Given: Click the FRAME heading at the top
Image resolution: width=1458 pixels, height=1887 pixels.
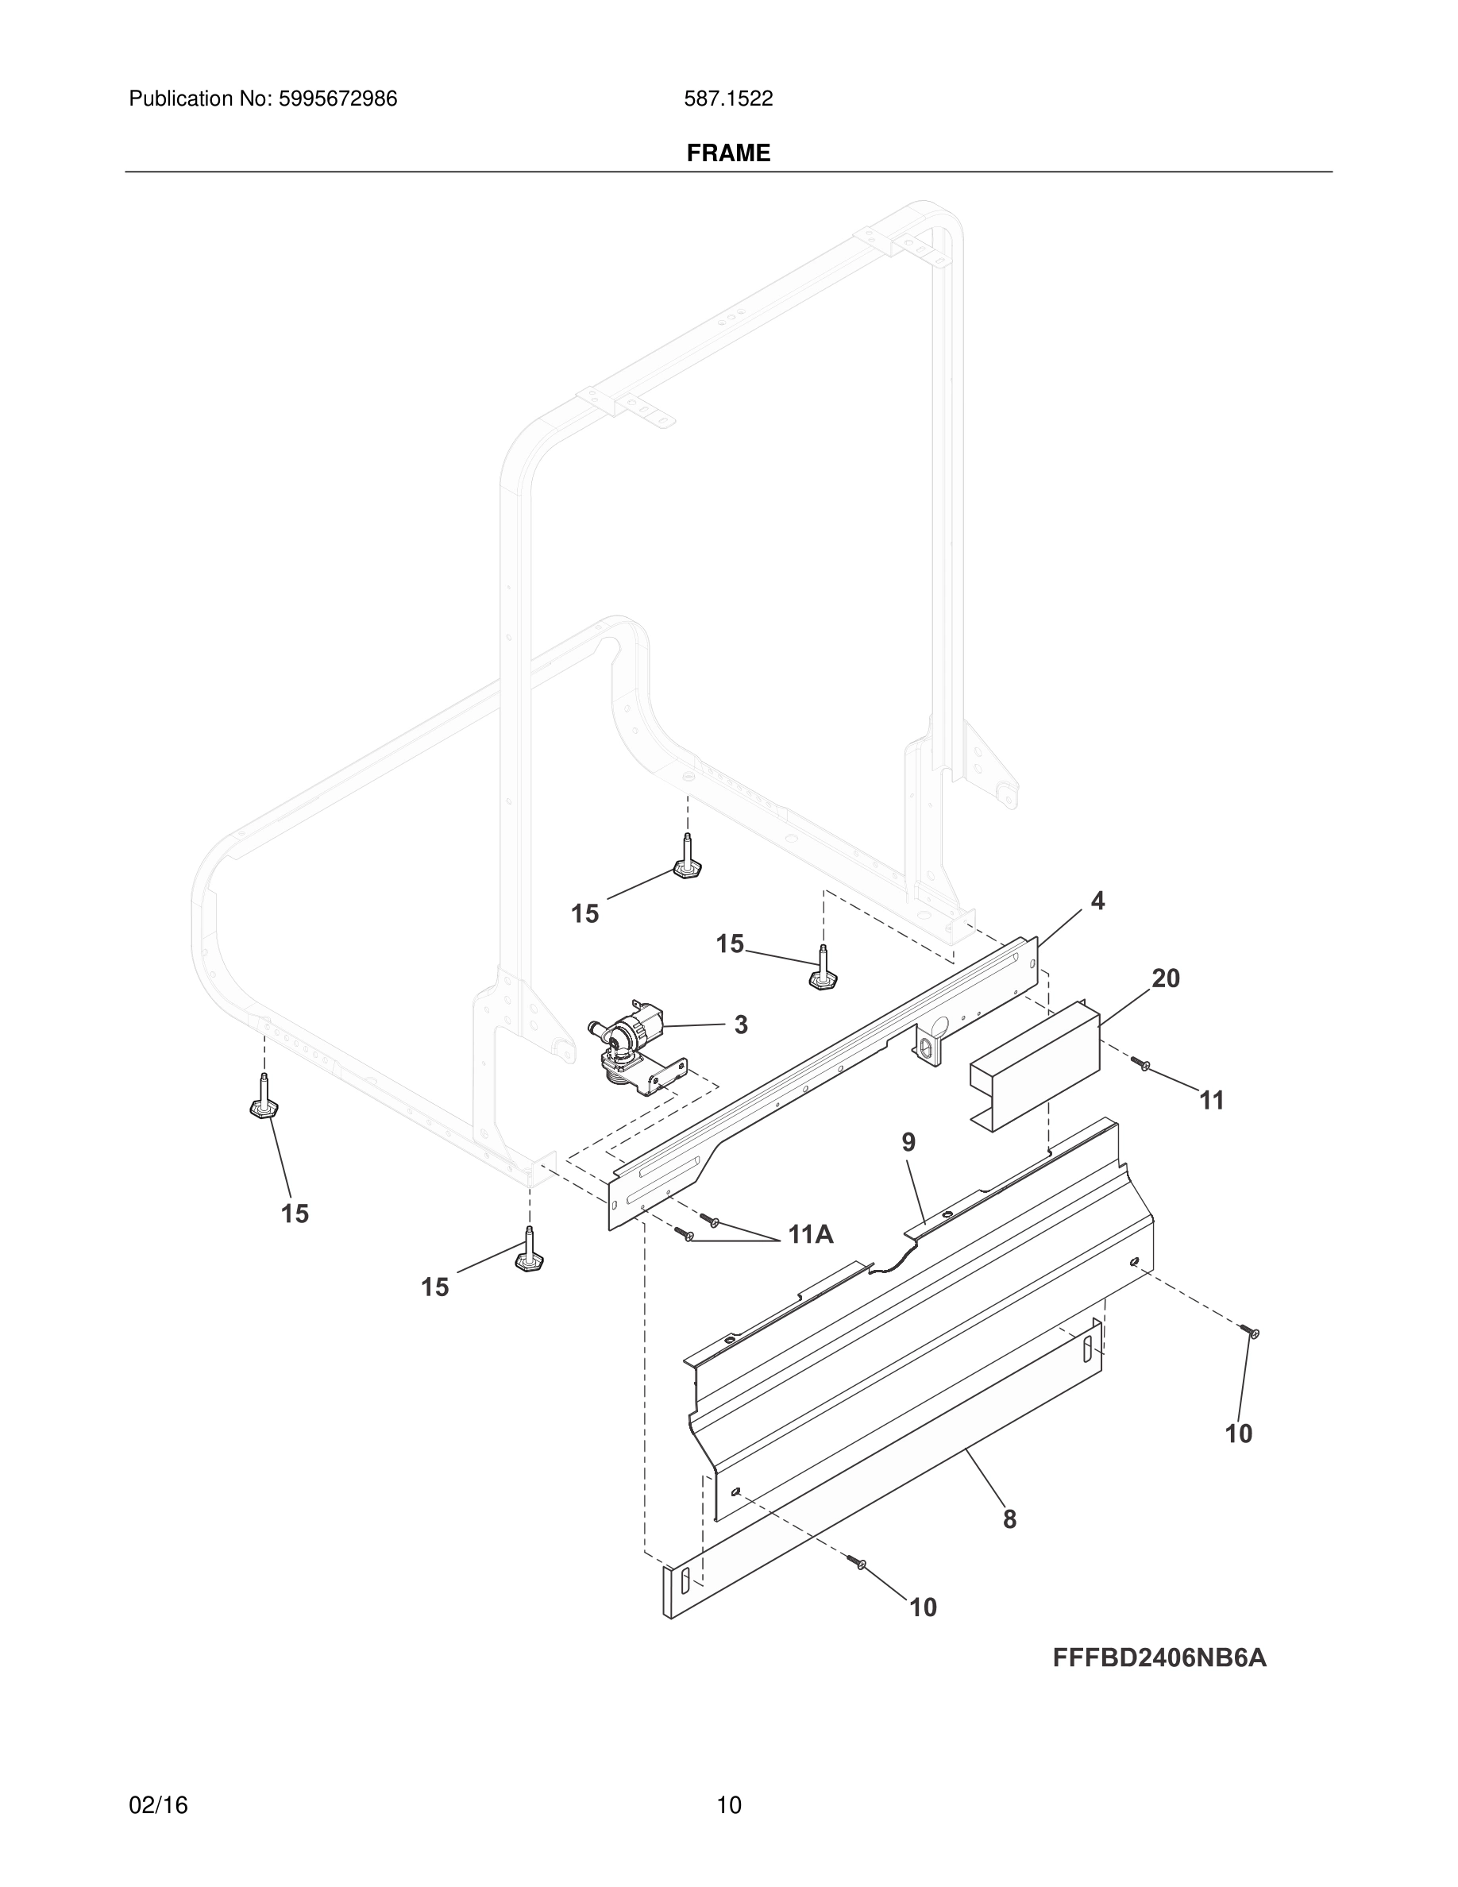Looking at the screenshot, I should [728, 153].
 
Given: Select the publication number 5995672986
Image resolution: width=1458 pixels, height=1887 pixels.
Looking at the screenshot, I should [337, 99].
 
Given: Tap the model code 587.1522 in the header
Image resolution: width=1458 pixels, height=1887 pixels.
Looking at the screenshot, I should [728, 99].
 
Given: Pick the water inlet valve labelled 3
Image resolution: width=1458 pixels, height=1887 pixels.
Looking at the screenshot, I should [632, 1045].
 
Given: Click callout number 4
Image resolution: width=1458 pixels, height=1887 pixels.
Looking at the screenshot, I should [1097, 901].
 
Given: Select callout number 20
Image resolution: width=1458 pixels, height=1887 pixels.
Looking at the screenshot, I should [1165, 979].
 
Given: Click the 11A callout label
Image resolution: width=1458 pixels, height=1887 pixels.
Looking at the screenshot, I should [810, 1235].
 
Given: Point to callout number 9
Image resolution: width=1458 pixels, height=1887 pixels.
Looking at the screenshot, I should [908, 1142].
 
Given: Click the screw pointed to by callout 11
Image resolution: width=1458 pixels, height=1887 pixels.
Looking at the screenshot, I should [1141, 1065].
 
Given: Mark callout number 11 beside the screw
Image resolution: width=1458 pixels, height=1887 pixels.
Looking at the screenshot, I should [1211, 1101].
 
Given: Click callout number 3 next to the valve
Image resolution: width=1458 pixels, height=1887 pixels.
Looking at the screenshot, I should [740, 1025].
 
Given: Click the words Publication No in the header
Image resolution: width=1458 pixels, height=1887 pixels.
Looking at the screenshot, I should [199, 99].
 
